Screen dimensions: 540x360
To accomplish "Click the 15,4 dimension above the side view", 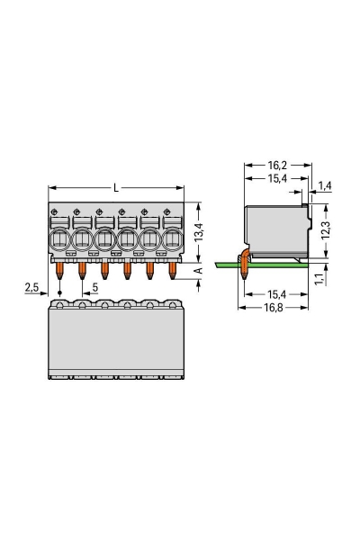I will pyautogui.click(x=277, y=180).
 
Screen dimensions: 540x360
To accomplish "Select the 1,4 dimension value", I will pyautogui.click(x=325, y=185).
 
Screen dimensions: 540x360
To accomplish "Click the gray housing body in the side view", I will pyautogui.click(x=274, y=229).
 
